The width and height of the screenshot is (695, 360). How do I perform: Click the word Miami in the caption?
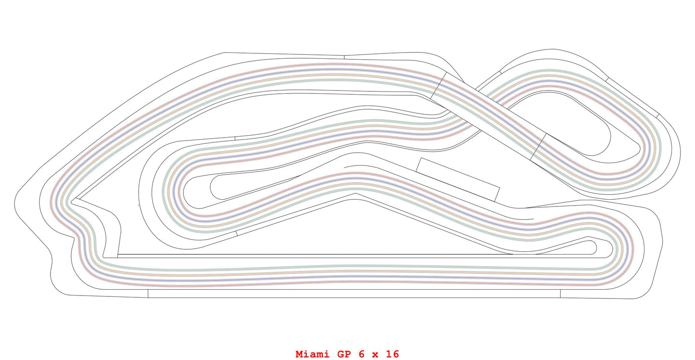313,354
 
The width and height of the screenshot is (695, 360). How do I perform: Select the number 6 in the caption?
362,354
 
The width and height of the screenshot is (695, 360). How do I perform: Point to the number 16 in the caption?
392,354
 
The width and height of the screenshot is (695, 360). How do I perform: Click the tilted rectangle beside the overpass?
458,179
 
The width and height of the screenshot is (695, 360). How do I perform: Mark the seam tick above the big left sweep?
344,56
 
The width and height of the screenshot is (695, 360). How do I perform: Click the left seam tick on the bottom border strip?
148,294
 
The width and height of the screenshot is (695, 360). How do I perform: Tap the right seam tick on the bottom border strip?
560,294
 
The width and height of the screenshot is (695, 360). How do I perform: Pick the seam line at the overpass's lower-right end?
538,147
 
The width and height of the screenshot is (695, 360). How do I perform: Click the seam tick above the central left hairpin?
235,139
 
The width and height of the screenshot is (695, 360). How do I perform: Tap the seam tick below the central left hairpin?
236,233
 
